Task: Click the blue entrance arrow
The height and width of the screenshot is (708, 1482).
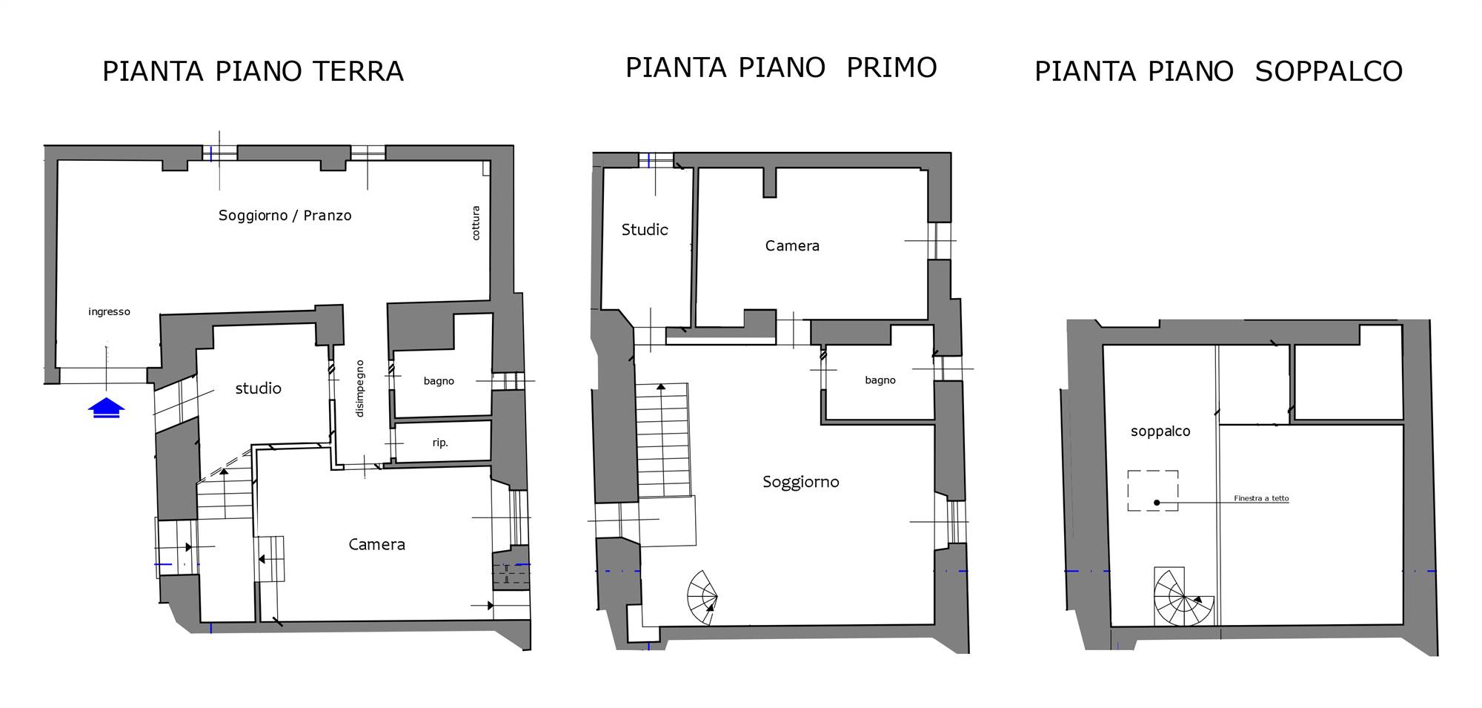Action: tap(106, 408)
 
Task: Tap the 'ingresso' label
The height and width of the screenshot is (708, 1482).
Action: tap(109, 312)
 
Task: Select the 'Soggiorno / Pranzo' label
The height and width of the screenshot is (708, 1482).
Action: tap(285, 216)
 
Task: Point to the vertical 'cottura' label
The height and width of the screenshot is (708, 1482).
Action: tap(476, 223)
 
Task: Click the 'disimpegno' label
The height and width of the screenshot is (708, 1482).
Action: tap(360, 388)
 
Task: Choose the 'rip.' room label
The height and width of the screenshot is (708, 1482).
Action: tap(440, 443)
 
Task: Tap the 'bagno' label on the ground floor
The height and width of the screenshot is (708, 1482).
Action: tap(439, 381)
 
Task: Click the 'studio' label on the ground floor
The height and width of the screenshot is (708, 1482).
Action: tap(258, 388)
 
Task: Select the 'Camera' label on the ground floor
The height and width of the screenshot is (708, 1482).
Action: tap(376, 545)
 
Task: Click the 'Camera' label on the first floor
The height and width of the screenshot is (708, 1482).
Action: tap(792, 246)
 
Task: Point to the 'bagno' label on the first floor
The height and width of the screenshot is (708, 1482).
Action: tap(880, 380)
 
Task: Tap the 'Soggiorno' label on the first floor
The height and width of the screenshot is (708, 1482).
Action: tap(801, 483)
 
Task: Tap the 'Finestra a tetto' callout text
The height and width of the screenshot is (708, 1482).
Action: tap(1261, 499)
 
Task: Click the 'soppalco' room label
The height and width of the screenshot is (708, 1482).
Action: tap(1160, 431)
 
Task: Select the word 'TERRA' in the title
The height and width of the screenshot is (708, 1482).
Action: tap(358, 72)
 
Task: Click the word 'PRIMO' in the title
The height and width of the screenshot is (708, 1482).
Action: tap(891, 67)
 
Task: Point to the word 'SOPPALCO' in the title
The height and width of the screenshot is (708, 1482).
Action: tap(1329, 72)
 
